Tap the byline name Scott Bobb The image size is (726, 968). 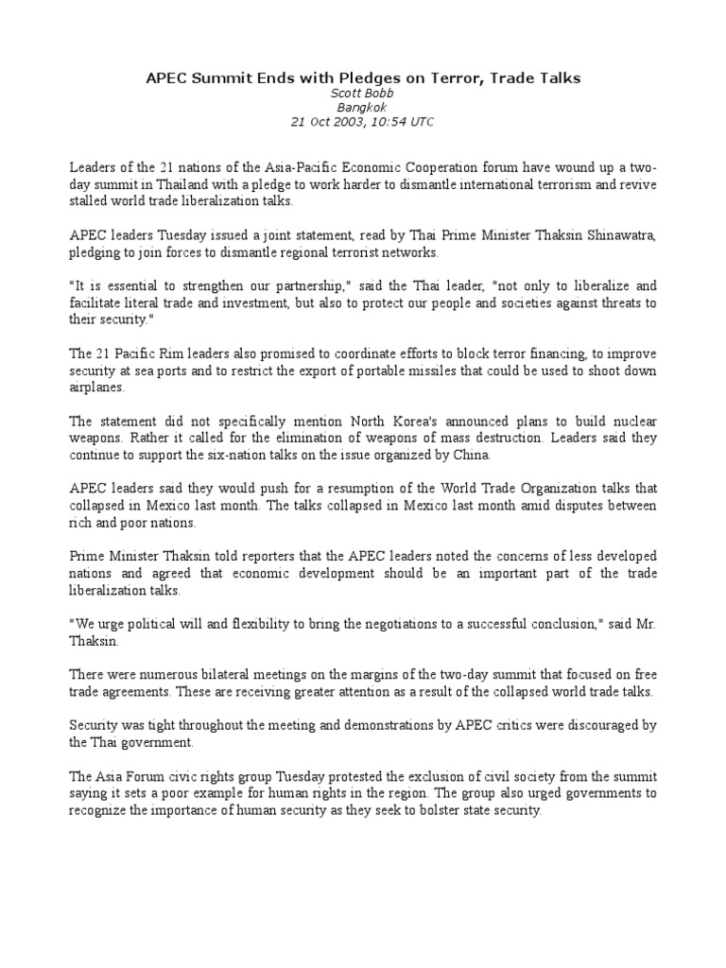pyautogui.click(x=363, y=94)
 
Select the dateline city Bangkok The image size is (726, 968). pyautogui.click(x=363, y=108)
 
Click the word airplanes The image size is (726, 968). pyautogui.click(x=96, y=388)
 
